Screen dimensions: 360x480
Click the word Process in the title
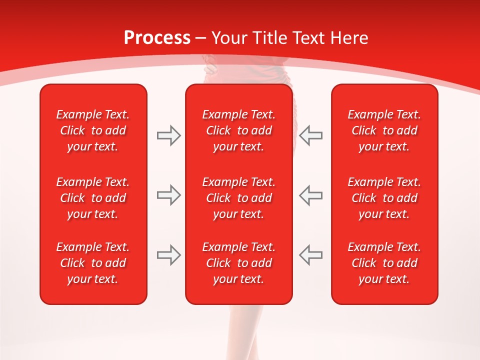click(157, 38)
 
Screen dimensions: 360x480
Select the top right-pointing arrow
click(169, 135)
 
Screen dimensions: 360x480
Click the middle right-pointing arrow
click(169, 195)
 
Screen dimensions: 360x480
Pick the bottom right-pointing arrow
click(169, 255)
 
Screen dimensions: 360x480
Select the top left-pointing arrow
click(311, 135)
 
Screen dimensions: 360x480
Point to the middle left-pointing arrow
click(311, 195)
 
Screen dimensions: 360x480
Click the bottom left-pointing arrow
click(311, 255)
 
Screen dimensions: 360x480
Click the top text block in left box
click(93, 130)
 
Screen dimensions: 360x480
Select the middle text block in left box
click(93, 198)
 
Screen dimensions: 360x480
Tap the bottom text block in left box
click(93, 263)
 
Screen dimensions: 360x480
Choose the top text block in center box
click(239, 130)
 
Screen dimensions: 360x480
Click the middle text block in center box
click(239, 198)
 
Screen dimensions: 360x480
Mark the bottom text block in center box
click(239, 263)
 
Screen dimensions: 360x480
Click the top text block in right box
click(384, 130)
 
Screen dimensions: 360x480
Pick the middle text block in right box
click(384, 198)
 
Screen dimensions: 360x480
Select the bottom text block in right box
click(384, 263)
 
